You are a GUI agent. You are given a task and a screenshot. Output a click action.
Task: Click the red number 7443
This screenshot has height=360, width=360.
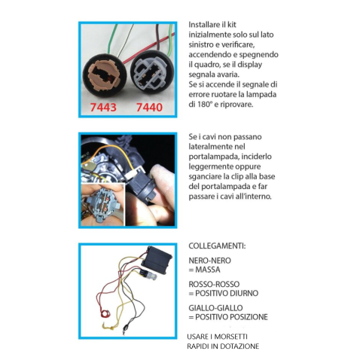(x=103, y=108)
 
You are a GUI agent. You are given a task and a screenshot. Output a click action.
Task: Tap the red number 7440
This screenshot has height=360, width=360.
(x=149, y=108)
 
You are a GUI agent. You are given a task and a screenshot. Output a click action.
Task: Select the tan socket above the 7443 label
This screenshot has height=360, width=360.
(x=104, y=75)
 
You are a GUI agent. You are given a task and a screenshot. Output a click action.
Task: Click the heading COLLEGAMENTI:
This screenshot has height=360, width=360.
(x=217, y=246)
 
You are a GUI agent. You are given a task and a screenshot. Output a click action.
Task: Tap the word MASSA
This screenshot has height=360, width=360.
(x=208, y=270)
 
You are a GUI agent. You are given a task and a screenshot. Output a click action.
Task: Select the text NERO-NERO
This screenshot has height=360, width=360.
(x=209, y=261)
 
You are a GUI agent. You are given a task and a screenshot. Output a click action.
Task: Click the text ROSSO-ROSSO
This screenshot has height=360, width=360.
(x=214, y=284)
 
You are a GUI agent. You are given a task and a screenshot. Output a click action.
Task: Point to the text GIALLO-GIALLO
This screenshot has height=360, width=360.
(x=215, y=308)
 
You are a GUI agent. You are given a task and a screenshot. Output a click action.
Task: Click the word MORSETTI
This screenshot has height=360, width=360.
(x=231, y=337)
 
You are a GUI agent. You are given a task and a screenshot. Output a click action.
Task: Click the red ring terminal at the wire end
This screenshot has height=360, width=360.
(x=105, y=313)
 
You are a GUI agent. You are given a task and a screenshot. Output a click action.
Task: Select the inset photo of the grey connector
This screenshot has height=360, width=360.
(x=102, y=205)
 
